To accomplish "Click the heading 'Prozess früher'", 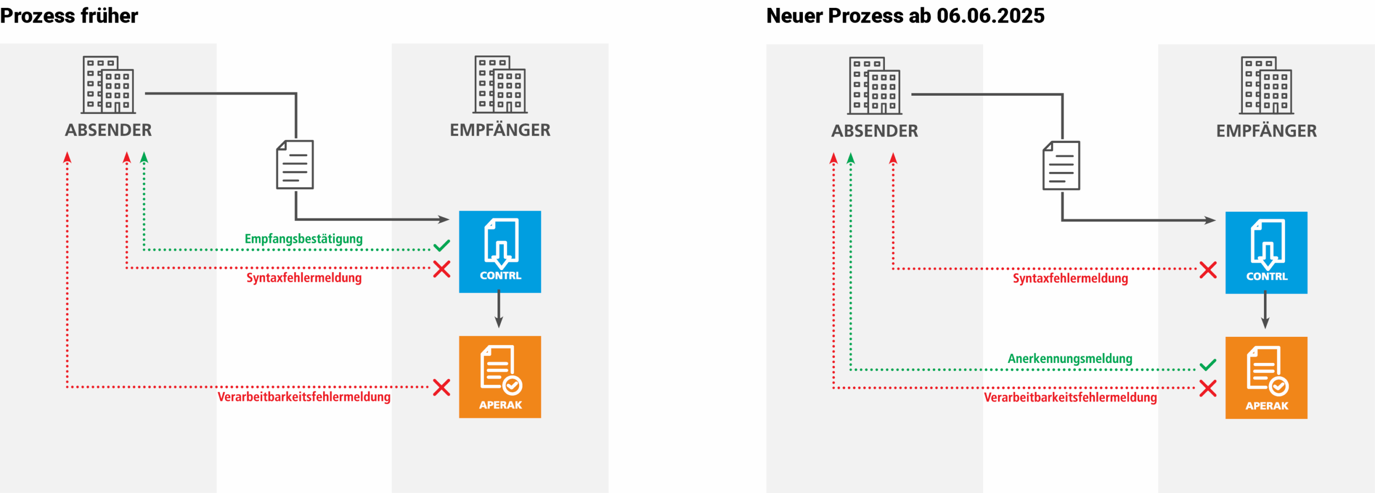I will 69,16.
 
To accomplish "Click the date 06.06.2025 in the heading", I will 990,16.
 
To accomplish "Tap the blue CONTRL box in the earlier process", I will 499,251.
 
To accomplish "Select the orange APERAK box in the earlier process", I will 499,377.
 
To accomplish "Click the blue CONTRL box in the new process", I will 1266,252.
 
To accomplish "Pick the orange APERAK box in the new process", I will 1266,378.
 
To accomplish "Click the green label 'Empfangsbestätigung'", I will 303,239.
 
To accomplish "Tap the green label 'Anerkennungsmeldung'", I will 1070,358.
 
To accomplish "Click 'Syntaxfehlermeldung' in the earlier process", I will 303,277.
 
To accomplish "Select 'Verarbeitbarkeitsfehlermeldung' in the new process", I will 1070,398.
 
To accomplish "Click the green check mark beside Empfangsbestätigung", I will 441,246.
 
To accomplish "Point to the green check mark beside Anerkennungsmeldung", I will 1208,365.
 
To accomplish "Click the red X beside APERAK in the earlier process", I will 441,387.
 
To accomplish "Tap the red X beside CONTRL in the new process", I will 1208,270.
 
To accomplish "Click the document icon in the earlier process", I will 295,164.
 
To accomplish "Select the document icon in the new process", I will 1061,165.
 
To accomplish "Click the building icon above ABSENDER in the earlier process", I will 109,85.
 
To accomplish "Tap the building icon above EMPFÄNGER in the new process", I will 1266,86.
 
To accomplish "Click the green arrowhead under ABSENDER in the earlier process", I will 144,158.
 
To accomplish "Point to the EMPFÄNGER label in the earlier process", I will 499,130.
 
